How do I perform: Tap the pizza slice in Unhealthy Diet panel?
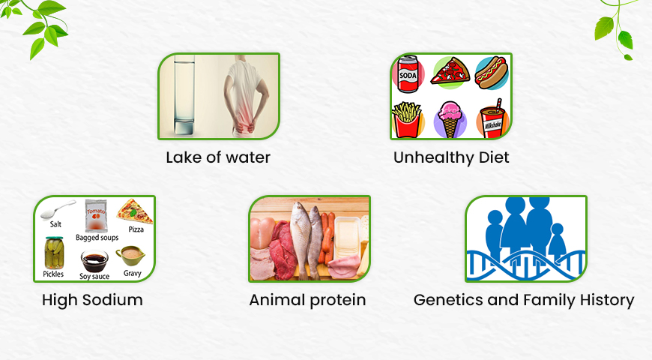[x=450, y=72]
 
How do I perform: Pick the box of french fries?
[x=407, y=120]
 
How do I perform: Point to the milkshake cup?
[x=492, y=121]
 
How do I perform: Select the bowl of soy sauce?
[x=94, y=260]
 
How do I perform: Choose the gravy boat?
[x=130, y=256]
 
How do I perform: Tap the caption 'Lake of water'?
[x=218, y=157]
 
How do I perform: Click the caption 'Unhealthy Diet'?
[x=451, y=157]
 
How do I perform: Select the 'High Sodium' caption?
[x=92, y=301]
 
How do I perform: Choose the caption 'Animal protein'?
[x=307, y=301]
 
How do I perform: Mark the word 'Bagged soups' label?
[x=97, y=238]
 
